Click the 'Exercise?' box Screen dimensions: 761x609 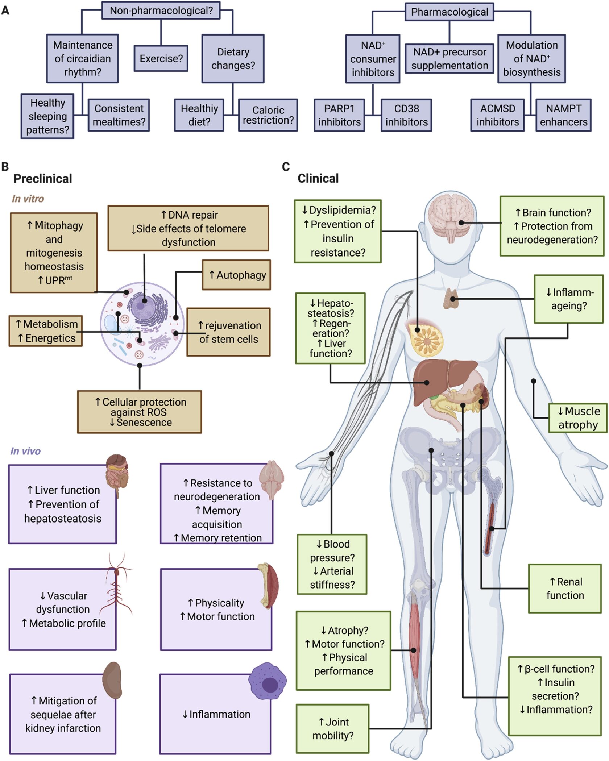(161, 58)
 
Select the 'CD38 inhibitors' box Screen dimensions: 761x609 (406, 115)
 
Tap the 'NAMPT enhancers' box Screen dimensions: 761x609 (563, 115)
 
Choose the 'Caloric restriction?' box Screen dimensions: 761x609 (268, 115)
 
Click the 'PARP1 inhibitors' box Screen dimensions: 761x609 (339, 115)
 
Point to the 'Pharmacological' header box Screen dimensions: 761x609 (449, 12)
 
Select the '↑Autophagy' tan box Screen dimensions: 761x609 (237, 275)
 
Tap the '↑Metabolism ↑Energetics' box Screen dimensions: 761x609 (46, 331)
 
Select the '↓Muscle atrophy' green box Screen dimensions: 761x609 (577, 418)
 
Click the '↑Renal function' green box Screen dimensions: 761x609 (565, 589)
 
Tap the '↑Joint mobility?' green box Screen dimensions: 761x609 (332, 729)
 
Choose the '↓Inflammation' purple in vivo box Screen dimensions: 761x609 (216, 714)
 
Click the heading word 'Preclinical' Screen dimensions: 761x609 (43, 179)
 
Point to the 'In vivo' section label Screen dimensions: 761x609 (25, 451)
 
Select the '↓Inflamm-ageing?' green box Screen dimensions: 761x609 (569, 299)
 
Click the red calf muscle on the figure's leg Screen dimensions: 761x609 (414, 638)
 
